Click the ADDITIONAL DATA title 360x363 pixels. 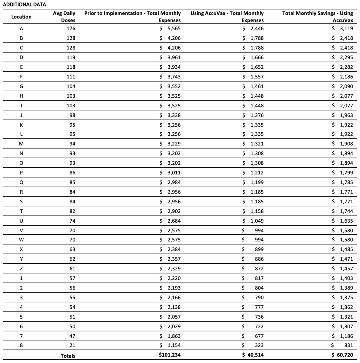(x=24, y=4)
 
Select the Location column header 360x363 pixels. (x=21, y=17)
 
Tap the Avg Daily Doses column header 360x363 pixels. (x=64, y=17)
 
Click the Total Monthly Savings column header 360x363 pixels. (x=318, y=17)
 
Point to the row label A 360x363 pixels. (x=21, y=28)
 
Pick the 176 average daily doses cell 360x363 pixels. (x=71, y=28)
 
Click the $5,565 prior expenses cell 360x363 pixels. (x=170, y=28)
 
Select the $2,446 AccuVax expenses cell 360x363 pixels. (x=253, y=28)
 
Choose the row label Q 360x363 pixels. (x=21, y=182)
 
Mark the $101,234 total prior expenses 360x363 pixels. (x=169, y=355)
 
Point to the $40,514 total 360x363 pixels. (x=253, y=355)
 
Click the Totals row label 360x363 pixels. (x=68, y=356)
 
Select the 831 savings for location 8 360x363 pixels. (x=348, y=345)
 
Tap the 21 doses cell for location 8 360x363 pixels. (x=72, y=345)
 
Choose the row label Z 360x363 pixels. (x=21, y=268)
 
